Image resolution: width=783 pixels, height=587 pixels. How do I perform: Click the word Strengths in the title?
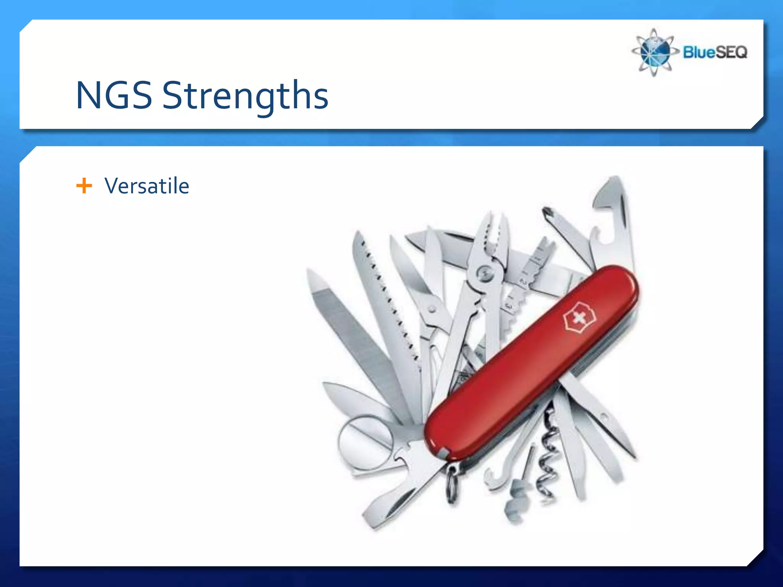[x=245, y=96]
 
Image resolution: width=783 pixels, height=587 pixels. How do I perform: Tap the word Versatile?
[x=147, y=186]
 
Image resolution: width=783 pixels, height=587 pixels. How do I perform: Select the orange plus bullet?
[x=84, y=186]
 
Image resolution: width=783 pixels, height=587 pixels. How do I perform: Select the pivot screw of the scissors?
[x=432, y=309]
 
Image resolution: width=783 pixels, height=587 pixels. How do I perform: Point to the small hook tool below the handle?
[x=493, y=478]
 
